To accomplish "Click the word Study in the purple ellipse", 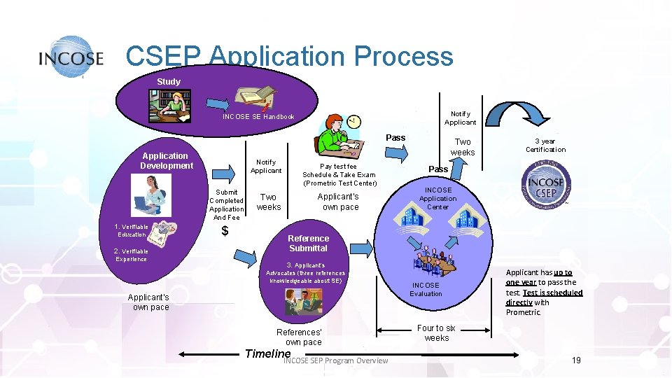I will point(169,82).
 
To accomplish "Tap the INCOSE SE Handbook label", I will point(258,117).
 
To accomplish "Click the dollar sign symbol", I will point(225,232).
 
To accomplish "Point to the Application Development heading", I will point(166,161).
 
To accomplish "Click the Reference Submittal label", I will point(308,244).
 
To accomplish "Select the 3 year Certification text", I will point(545,145).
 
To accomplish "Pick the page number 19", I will point(576,360).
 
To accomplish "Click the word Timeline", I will point(267,353).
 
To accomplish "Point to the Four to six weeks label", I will point(436,332).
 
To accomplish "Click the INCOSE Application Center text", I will point(437,198).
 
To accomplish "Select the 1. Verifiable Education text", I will point(132,231).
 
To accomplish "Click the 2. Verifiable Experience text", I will point(131,255).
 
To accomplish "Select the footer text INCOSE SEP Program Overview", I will point(335,361).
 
